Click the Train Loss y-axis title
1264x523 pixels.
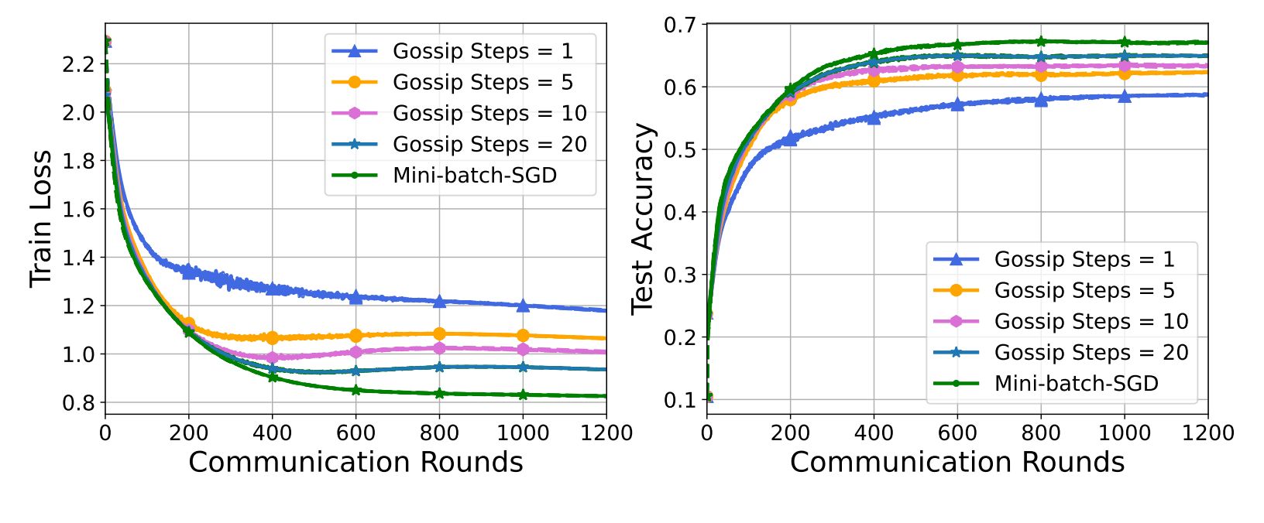pyautogui.click(x=40, y=218)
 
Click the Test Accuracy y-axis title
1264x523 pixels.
pyautogui.click(x=643, y=218)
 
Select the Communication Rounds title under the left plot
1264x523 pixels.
pyautogui.click(x=355, y=462)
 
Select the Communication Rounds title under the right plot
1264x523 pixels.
pyautogui.click(x=957, y=462)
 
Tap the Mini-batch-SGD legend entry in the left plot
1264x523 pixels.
pyautogui.click(x=474, y=176)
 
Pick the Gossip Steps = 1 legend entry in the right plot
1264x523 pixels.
pyautogui.click(x=1084, y=259)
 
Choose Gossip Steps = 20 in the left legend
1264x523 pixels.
pyautogui.click(x=489, y=145)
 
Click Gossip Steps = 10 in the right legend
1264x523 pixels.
pyautogui.click(x=1091, y=321)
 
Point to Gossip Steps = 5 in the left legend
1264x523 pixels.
pyautogui.click(x=483, y=82)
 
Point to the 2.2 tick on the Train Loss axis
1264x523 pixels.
pyautogui.click(x=78, y=64)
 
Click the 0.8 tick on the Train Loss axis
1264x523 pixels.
pyautogui.click(x=78, y=403)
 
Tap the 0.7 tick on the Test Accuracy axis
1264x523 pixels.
pyautogui.click(x=680, y=26)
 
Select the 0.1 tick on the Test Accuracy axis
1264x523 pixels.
pyautogui.click(x=680, y=400)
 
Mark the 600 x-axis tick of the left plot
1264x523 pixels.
pyautogui.click(x=355, y=432)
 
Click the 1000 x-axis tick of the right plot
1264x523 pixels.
pyautogui.click(x=1125, y=432)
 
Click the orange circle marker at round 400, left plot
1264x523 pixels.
pyautogui.click(x=272, y=337)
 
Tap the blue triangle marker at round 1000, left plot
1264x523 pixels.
pyautogui.click(x=523, y=306)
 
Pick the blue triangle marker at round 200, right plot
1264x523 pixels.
pyautogui.click(x=790, y=138)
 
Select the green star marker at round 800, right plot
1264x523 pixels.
pyautogui.click(x=1041, y=42)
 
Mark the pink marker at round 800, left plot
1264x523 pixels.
pyautogui.click(x=439, y=348)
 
